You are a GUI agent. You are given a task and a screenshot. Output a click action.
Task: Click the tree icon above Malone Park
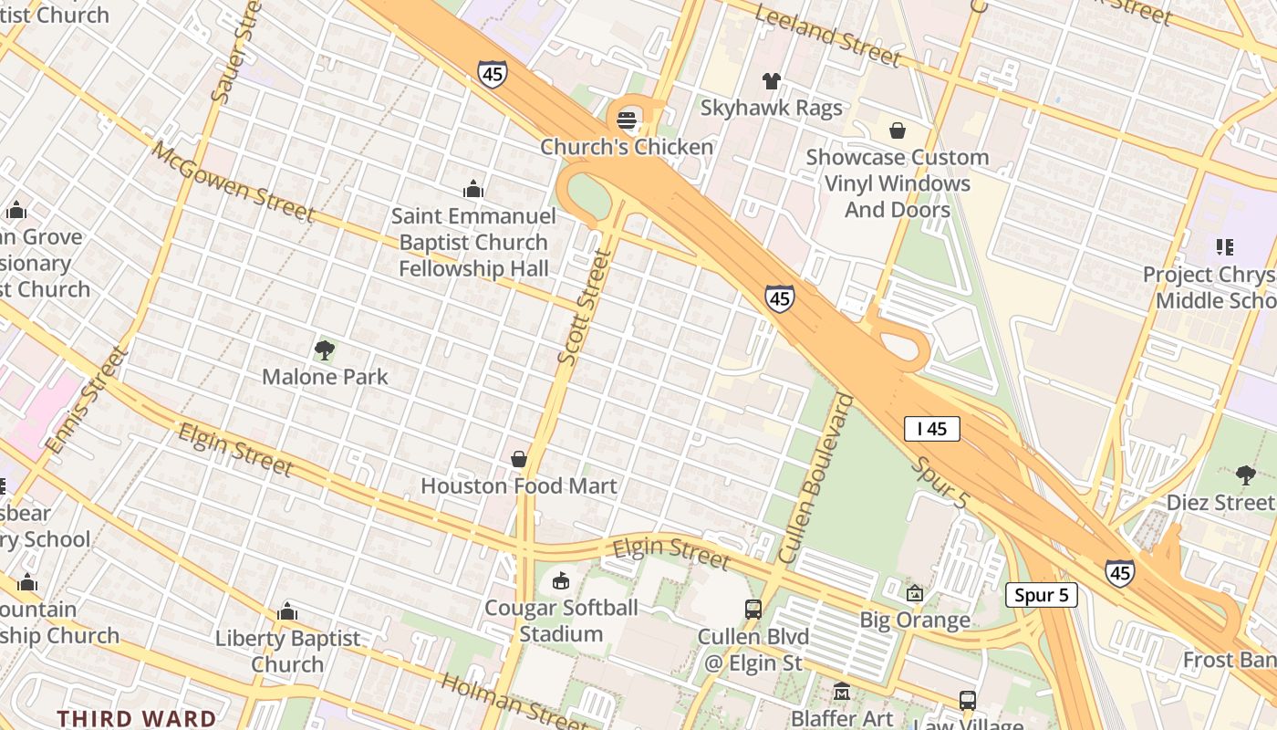pyautogui.click(x=324, y=349)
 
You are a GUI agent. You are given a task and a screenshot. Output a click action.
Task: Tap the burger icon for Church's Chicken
pyautogui.click(x=626, y=120)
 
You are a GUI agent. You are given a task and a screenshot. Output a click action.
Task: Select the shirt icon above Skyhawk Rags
pyautogui.click(x=772, y=81)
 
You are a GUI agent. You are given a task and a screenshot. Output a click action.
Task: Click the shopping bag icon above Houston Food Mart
pyautogui.click(x=519, y=459)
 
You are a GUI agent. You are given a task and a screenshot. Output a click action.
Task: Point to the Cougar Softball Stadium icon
pyautogui.click(x=561, y=581)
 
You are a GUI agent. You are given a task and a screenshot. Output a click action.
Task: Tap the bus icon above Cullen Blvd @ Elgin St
pyautogui.click(x=753, y=610)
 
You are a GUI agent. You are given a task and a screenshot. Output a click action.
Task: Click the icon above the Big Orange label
pyautogui.click(x=915, y=593)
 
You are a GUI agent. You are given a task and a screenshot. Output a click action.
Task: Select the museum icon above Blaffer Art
pyautogui.click(x=842, y=692)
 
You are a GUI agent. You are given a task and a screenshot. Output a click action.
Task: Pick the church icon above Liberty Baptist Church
pyautogui.click(x=287, y=611)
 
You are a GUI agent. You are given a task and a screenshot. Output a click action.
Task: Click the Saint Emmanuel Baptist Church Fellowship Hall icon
pyautogui.click(x=473, y=189)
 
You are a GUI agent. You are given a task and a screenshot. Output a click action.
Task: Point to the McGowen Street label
pyautogui.click(x=233, y=182)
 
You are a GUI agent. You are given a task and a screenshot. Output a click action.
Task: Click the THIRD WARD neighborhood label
pyautogui.click(x=137, y=719)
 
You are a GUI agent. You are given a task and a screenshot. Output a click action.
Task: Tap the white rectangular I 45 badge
pyautogui.click(x=932, y=428)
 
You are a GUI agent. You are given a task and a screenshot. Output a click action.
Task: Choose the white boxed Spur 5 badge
pyautogui.click(x=1042, y=596)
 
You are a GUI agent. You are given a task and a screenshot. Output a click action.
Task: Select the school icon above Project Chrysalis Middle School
pyautogui.click(x=1225, y=246)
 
